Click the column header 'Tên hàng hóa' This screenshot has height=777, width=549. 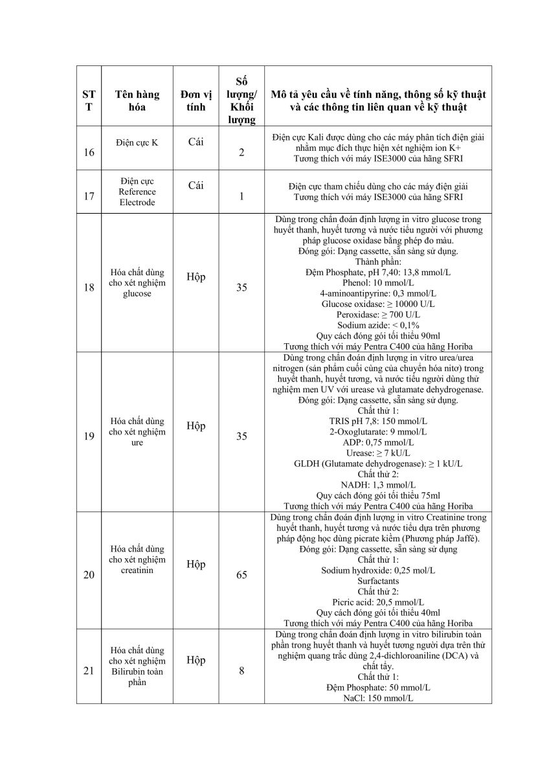coord(137,100)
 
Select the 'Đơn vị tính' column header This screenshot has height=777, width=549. coord(196,100)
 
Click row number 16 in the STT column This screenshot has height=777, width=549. coord(89,152)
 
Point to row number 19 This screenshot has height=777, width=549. coord(89,436)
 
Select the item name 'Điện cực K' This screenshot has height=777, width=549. coord(137,142)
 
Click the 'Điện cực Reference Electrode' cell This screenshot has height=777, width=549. coord(137,191)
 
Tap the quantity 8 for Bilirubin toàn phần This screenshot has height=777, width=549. coord(241,671)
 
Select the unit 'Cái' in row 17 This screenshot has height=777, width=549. coord(196,185)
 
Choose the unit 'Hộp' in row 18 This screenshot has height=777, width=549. coord(196,276)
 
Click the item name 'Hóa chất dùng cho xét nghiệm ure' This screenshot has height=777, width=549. coord(137,432)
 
